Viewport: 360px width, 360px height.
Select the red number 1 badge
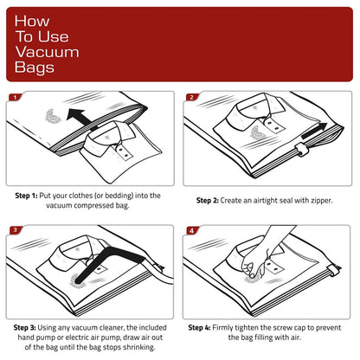coord(15,97)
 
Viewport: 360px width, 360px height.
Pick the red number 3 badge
coord(15,230)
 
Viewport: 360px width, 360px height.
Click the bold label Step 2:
coord(213,200)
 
